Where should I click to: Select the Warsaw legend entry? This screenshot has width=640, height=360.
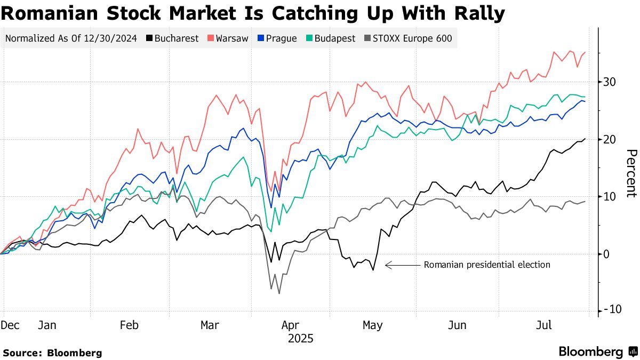(228, 38)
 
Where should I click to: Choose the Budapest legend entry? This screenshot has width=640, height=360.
(330, 38)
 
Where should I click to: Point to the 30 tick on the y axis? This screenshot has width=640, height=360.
(610, 82)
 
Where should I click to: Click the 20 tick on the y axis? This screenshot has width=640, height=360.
(610, 139)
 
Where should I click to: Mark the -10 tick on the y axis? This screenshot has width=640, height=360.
(609, 310)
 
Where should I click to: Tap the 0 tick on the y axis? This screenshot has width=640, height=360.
(607, 254)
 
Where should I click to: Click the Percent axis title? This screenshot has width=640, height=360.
(630, 173)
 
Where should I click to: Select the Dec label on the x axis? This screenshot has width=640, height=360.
(10, 325)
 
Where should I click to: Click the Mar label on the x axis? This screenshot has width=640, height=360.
(209, 325)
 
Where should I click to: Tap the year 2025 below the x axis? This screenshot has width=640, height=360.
(301, 339)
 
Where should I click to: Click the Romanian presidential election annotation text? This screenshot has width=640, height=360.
(486, 265)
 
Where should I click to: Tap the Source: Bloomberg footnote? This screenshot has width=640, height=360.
(52, 353)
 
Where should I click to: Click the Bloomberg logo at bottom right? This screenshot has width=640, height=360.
(597, 351)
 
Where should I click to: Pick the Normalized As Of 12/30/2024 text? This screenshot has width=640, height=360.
(71, 38)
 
